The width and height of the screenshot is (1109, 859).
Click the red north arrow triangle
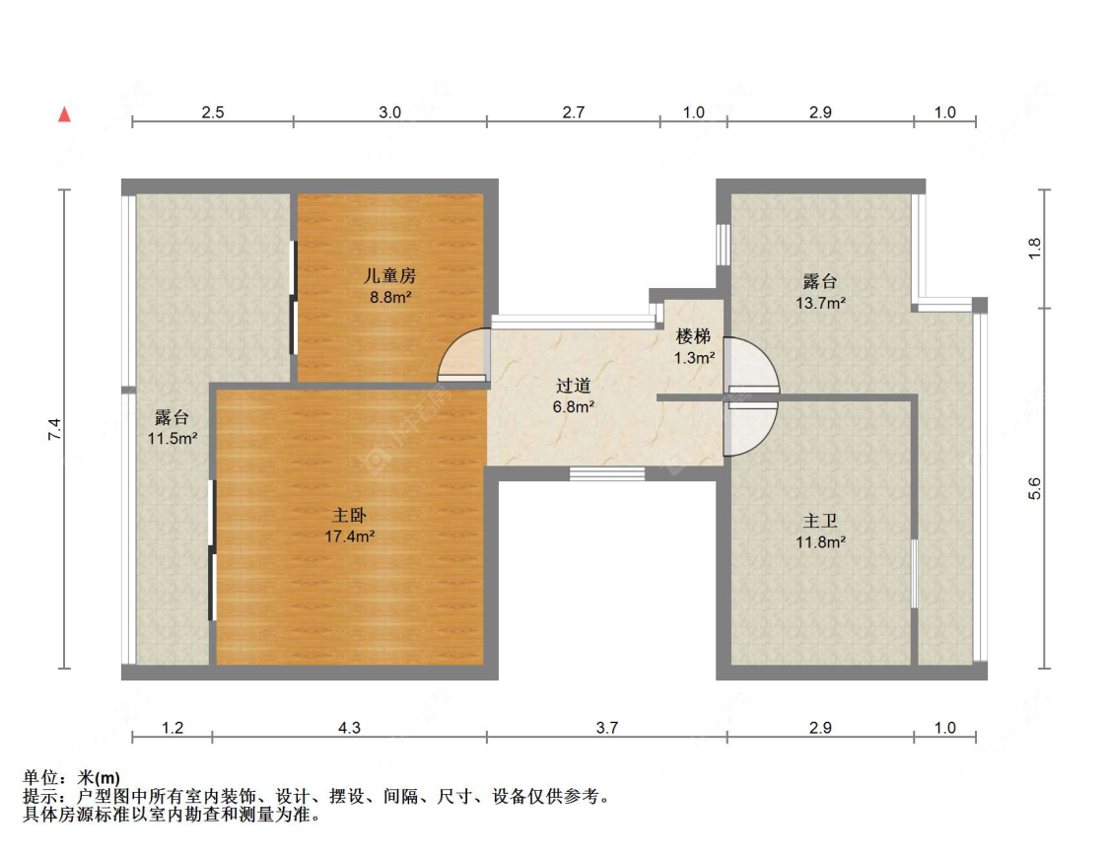[64, 114]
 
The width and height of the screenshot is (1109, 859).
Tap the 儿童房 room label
[389, 275]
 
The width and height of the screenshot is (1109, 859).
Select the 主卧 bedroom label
[349, 515]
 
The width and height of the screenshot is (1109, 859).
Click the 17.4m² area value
[349, 537]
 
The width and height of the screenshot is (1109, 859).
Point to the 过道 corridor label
[574, 386]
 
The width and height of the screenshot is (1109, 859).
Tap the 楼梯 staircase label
[693, 336]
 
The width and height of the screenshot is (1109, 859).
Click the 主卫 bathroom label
[820, 522]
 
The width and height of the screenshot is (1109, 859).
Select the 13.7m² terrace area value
[820, 303]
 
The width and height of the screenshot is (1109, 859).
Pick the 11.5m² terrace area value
[172, 439]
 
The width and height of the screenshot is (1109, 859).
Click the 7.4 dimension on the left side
[54, 430]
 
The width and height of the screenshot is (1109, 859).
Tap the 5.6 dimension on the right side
[1035, 489]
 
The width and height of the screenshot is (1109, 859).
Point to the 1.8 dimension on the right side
[1035, 249]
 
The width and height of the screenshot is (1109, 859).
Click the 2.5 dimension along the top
[213, 112]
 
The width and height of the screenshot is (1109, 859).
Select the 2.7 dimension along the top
[574, 112]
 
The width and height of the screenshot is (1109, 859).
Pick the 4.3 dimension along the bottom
[349, 728]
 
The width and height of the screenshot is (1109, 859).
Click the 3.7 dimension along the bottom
[607, 728]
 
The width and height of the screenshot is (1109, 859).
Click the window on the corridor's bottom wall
[607, 473]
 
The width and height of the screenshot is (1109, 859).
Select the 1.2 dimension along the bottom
[173, 728]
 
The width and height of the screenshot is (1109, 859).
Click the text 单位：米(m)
[71, 778]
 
